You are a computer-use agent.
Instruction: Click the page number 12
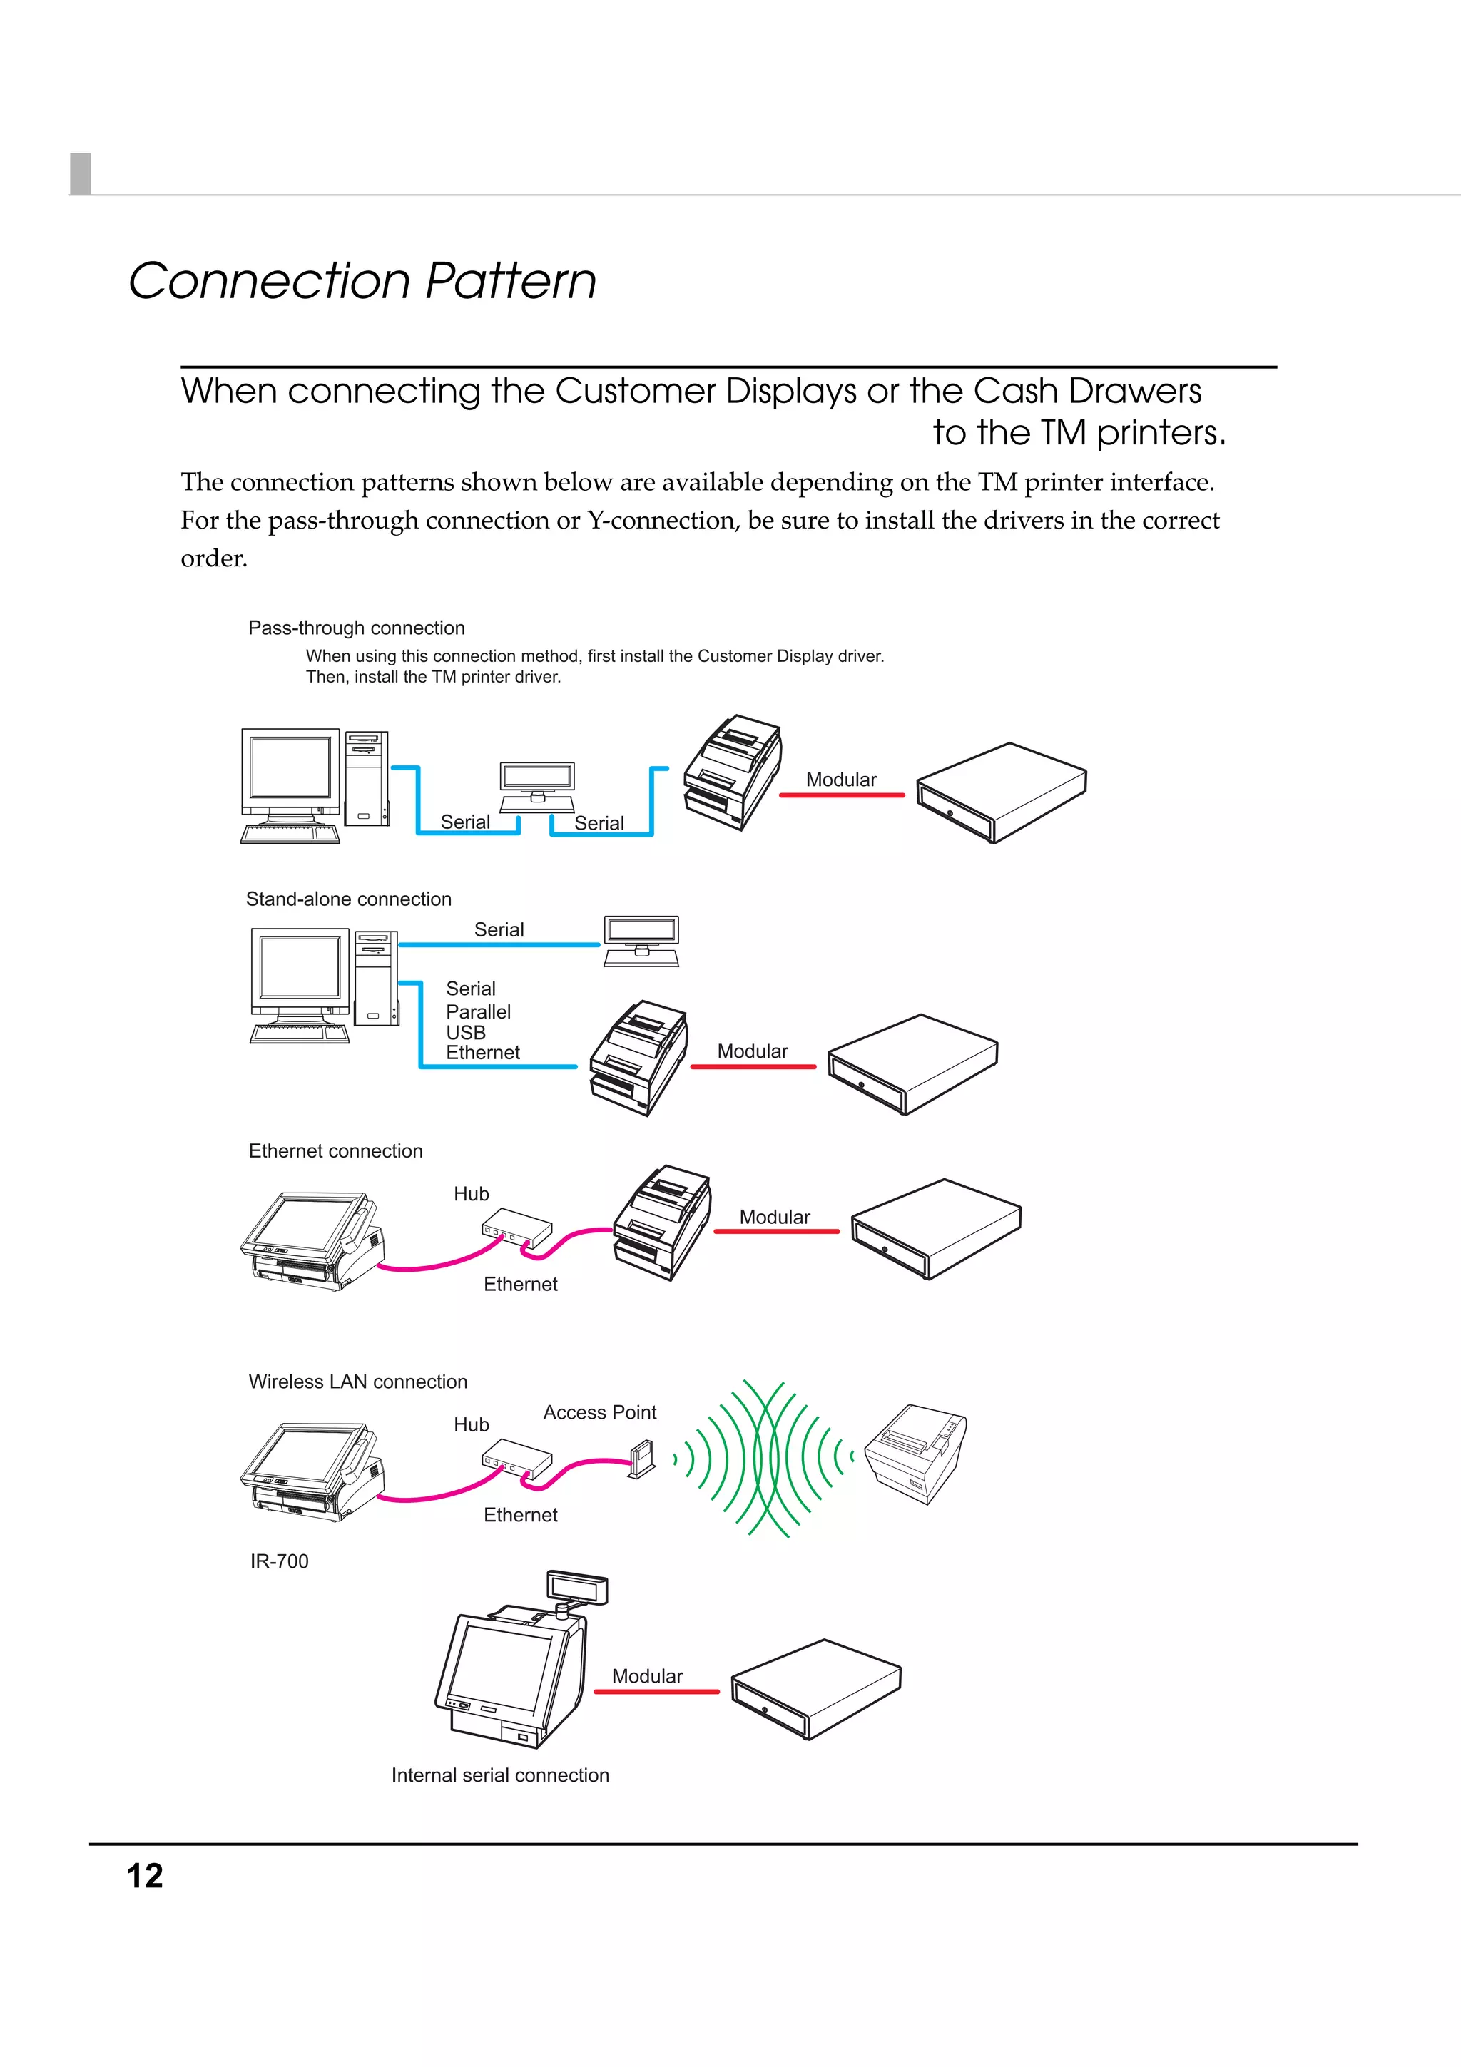[145, 1876]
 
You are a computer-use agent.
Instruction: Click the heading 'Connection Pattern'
[362, 281]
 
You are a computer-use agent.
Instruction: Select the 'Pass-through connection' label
[357, 628]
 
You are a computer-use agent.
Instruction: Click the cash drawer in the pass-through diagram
[1001, 792]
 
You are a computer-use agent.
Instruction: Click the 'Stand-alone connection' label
[348, 899]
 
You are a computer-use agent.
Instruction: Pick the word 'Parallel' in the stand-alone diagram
[478, 1011]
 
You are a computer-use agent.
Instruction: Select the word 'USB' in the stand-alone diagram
[465, 1031]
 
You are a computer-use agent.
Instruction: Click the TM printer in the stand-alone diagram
[639, 1057]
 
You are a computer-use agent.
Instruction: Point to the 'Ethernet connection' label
[335, 1150]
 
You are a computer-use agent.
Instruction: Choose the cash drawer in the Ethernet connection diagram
[935, 1228]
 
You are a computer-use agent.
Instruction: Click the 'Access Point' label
[599, 1412]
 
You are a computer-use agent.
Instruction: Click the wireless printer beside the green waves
[915, 1453]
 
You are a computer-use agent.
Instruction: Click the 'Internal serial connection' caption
[499, 1775]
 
